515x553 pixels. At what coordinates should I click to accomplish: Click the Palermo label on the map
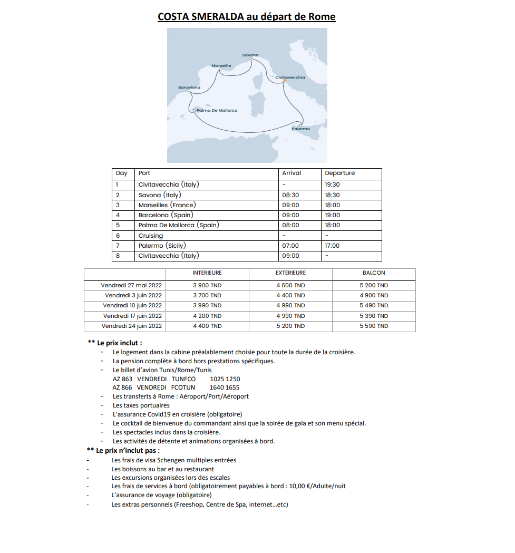(301, 129)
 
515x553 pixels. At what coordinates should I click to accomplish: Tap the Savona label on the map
(250, 55)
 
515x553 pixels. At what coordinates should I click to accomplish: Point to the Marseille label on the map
(221, 65)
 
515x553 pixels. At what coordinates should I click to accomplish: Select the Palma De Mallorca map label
(216, 110)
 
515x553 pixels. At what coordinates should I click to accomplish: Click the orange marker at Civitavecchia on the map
(284, 81)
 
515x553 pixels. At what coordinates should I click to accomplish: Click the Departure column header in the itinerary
(340, 173)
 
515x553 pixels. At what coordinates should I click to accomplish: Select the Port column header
(144, 173)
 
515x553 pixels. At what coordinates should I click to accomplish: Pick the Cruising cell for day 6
(151, 236)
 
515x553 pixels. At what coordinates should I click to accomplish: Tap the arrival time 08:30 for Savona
(290, 195)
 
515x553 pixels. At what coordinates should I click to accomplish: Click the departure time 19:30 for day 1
(333, 185)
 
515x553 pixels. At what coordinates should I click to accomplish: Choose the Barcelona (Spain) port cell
(166, 215)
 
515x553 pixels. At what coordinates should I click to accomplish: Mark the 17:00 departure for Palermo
(333, 246)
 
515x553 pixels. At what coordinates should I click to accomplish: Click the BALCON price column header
(374, 273)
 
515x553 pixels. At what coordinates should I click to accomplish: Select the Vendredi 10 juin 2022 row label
(132, 305)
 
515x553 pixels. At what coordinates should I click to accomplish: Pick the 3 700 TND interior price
(207, 295)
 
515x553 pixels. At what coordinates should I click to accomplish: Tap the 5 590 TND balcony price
(374, 326)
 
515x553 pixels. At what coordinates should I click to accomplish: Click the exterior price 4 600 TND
(290, 285)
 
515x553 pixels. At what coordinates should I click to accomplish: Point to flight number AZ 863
(122, 379)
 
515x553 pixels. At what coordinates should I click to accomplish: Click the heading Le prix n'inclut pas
(127, 450)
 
